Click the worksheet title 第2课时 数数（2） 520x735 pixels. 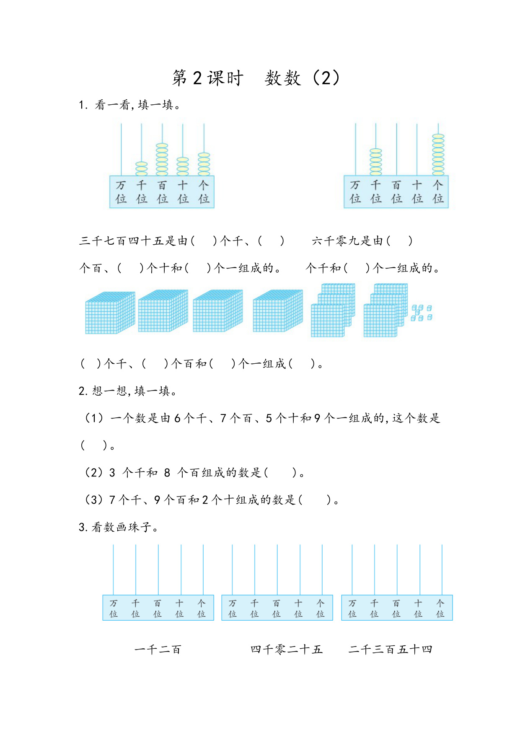pos(256,78)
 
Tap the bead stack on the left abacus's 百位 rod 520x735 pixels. pos(162,159)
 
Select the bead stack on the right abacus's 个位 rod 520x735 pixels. pos(438,155)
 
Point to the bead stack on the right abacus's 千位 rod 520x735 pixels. pos(376,162)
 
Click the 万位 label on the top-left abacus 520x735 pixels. pos(121,192)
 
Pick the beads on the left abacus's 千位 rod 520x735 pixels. pos(142,168)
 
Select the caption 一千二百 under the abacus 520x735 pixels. pos(158,650)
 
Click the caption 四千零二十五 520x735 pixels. pos(287,650)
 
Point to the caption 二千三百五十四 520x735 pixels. pos(390,650)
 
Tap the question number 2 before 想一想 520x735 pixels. pos(83,391)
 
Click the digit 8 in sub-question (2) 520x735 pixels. pos(167,473)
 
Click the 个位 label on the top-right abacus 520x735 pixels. pos(438,192)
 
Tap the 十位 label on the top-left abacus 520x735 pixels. pos(183,192)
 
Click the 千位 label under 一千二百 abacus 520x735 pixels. pos(135,608)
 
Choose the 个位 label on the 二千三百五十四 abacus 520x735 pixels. pos(440,608)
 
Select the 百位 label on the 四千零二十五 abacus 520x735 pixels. pos(276,608)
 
